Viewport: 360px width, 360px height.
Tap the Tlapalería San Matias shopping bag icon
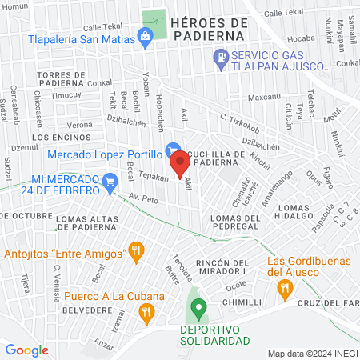point(145,35)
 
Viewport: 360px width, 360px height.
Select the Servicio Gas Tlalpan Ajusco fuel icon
point(220,57)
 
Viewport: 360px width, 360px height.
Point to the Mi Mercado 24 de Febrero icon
point(110,182)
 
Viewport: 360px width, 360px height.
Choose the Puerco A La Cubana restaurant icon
point(145,313)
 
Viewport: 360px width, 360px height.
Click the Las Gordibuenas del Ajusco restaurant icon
point(283,291)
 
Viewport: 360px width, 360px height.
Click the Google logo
point(26,350)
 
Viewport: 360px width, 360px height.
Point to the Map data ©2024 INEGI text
point(313,354)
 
